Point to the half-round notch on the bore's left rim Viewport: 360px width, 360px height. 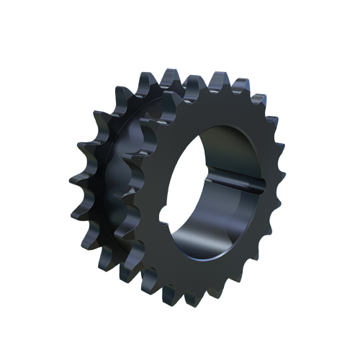pyautogui.click(x=167, y=213)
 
